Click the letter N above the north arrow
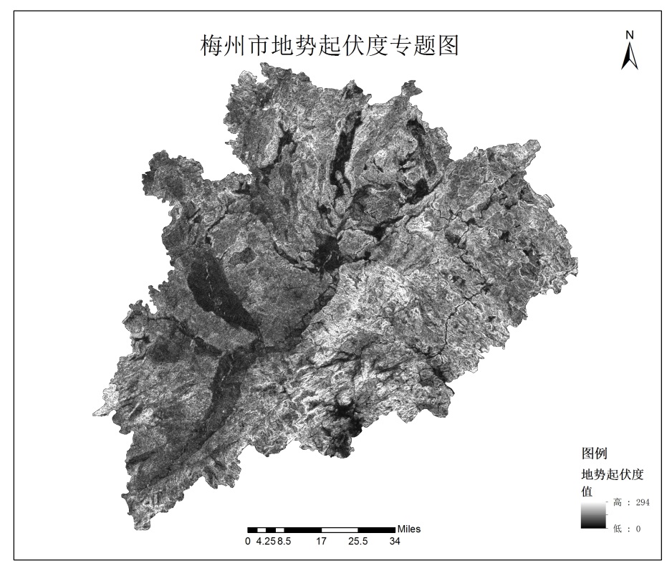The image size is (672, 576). [x=630, y=34]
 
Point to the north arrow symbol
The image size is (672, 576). [x=630, y=56]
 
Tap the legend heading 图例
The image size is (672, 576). [x=595, y=453]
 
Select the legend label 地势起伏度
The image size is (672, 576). [x=613, y=474]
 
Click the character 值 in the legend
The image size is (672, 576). [x=587, y=491]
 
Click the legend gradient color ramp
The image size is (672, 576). [x=593, y=515]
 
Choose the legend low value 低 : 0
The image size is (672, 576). [x=627, y=529]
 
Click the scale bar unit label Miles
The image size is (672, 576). [x=409, y=529]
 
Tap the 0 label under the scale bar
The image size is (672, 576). [x=248, y=542]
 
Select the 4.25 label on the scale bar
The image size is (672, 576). [x=266, y=542]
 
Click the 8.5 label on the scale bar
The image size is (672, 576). [x=284, y=542]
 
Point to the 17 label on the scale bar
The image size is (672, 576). [x=321, y=542]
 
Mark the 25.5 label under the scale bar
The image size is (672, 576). [x=357, y=542]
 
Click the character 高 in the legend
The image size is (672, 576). [x=618, y=503]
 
